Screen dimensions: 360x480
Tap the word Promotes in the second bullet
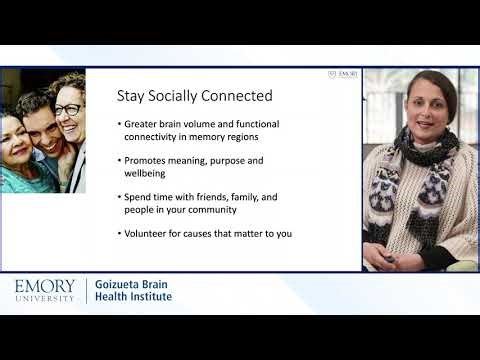[x=146, y=160]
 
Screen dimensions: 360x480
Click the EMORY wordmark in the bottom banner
[x=45, y=287]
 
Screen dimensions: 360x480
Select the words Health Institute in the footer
[x=132, y=297]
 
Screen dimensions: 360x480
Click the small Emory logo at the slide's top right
[x=343, y=74]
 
